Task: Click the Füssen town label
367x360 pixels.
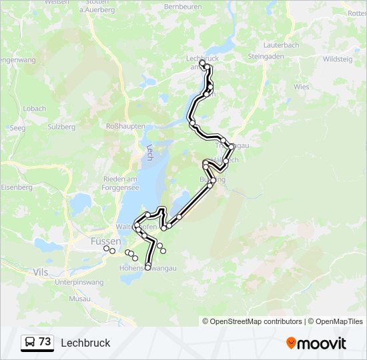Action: (105, 241)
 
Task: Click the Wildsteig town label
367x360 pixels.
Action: (338, 59)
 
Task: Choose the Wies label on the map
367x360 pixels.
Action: (302, 87)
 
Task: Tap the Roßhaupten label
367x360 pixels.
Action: (125, 125)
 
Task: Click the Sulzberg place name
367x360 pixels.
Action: (62, 127)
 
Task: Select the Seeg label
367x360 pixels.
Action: (17, 127)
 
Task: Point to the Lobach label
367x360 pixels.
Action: (35, 109)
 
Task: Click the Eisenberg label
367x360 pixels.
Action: (17, 187)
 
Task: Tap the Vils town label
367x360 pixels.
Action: (39, 272)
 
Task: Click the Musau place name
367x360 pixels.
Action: (79, 299)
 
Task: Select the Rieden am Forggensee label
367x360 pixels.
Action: (120, 183)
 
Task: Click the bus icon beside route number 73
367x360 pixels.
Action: (30, 343)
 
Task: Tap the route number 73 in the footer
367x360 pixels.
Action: (45, 342)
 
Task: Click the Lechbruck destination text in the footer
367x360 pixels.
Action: (85, 343)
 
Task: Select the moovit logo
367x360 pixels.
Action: (316, 343)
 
